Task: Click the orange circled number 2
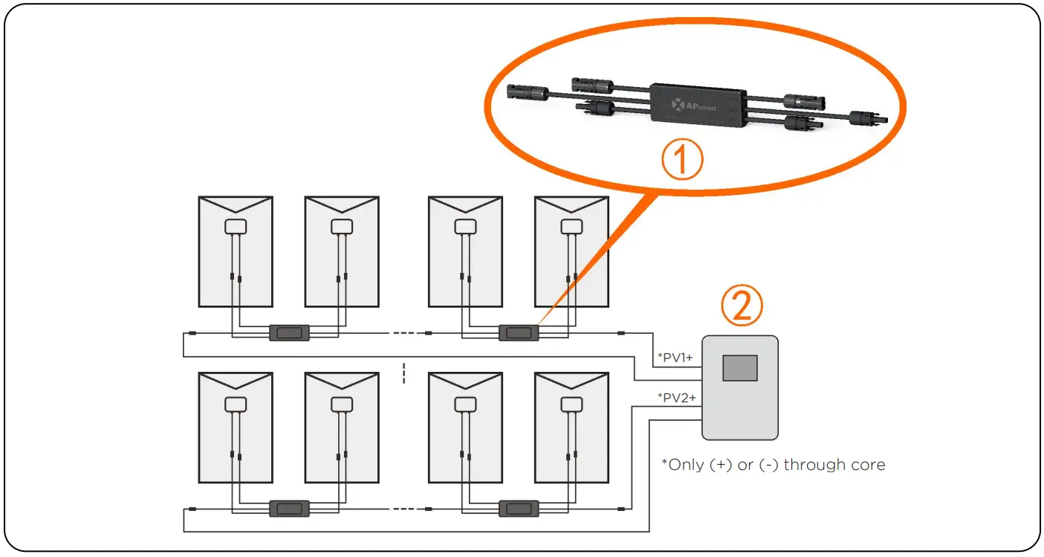[742, 306]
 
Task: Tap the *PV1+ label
[675, 358]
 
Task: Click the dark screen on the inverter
[740, 368]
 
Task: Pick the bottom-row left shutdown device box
[289, 509]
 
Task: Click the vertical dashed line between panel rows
[403, 373]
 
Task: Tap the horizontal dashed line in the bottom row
[403, 509]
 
